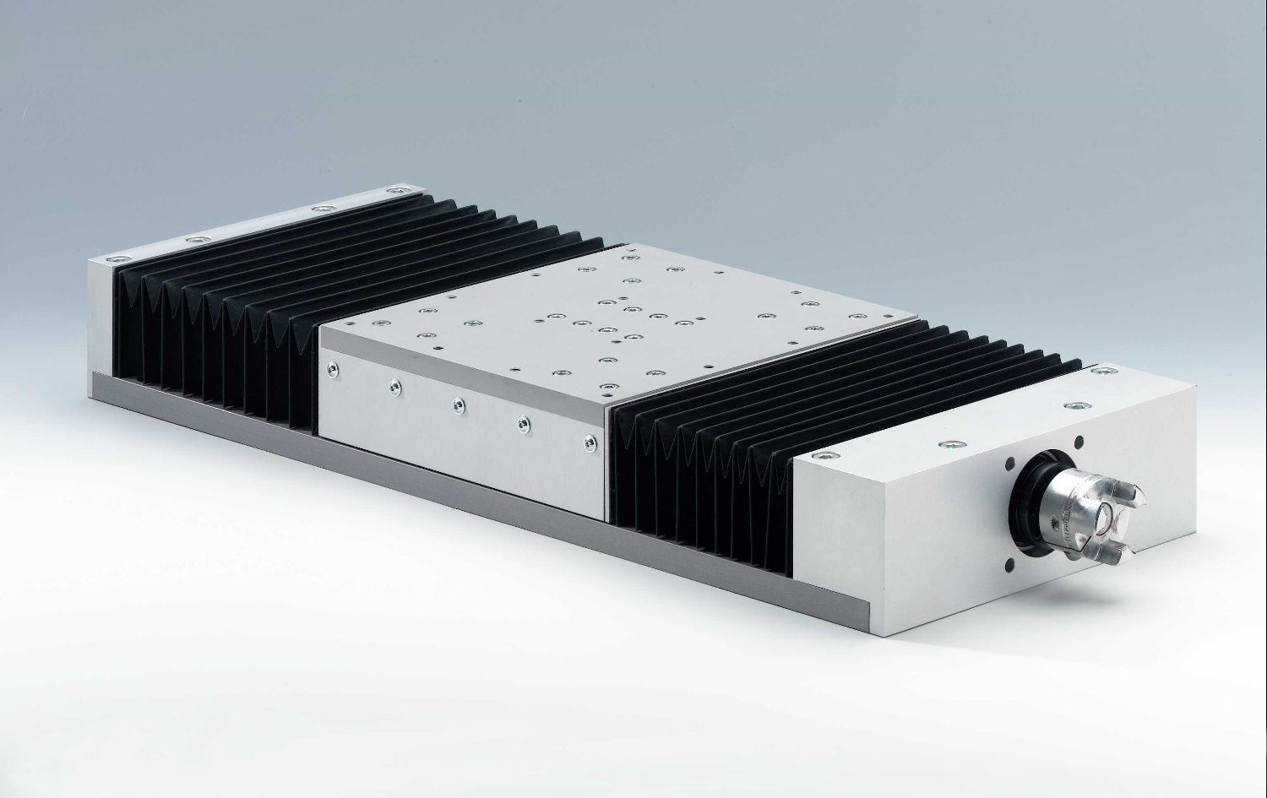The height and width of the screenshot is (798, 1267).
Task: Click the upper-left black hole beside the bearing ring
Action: click(x=1009, y=463)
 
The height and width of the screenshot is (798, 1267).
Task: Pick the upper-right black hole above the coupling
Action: click(x=1079, y=439)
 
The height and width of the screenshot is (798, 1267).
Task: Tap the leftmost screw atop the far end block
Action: click(x=114, y=258)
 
